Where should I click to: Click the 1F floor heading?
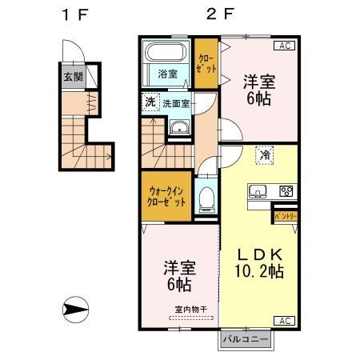74,14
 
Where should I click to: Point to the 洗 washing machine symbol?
150,102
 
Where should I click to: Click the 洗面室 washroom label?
176,103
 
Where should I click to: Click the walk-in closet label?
166,196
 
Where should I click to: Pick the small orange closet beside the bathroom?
206,63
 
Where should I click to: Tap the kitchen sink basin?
258,191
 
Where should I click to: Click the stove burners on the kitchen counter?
286,191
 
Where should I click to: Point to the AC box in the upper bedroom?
284,46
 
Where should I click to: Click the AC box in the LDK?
284,321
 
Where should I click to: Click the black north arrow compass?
76,308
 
